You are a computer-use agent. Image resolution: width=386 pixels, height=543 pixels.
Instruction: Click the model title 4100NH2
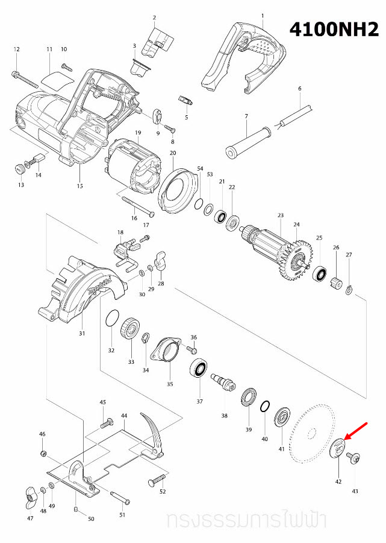334,30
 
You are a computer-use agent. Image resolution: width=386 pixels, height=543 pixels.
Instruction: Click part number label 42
338,481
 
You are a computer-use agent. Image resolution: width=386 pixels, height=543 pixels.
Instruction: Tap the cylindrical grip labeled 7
247,141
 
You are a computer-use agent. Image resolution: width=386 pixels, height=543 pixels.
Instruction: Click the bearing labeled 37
199,368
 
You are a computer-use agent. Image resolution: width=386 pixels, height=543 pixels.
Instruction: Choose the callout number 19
138,132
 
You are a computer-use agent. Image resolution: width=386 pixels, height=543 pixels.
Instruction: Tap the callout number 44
124,416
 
